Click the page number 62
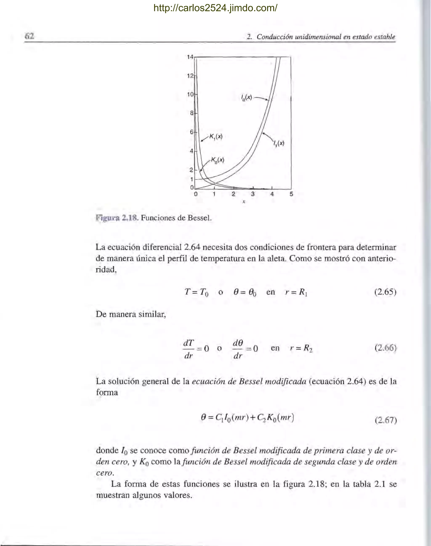(29, 36)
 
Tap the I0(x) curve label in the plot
(246, 97)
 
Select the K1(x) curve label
(216, 137)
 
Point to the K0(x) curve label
(218, 160)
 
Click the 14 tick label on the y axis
(190, 57)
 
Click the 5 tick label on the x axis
(291, 194)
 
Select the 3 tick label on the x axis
(253, 194)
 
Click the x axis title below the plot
(244, 202)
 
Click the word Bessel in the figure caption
(199, 218)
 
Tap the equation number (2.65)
(385, 292)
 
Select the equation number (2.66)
(385, 348)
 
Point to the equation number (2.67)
(386, 420)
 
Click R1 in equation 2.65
(303, 292)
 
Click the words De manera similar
(131, 314)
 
